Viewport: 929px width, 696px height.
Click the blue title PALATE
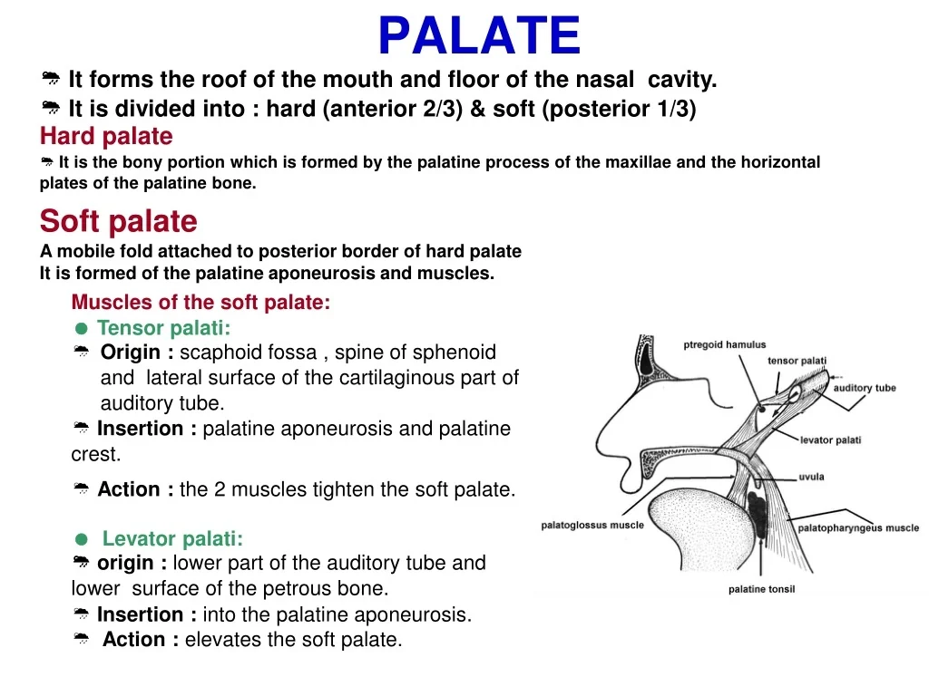pyautogui.click(x=478, y=36)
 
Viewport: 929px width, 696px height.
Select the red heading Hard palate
pyautogui.click(x=106, y=137)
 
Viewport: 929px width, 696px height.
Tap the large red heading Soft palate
pyautogui.click(x=118, y=221)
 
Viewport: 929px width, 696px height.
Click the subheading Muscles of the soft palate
pyautogui.click(x=200, y=303)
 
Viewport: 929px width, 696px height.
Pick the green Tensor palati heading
pyautogui.click(x=163, y=328)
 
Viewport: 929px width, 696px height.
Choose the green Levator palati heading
pyautogui.click(x=172, y=539)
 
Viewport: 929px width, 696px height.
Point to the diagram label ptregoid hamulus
pyautogui.click(x=724, y=344)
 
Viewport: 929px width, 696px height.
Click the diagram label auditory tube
pyautogui.click(x=864, y=388)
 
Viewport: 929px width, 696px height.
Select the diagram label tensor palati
pyautogui.click(x=797, y=361)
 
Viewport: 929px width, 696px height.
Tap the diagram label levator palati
pyautogui.click(x=830, y=440)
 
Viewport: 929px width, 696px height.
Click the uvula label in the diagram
pyautogui.click(x=811, y=477)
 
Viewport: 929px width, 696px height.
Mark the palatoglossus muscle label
pyautogui.click(x=592, y=525)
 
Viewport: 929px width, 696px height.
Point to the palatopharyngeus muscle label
pyautogui.click(x=857, y=527)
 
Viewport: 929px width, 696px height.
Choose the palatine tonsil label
pyautogui.click(x=761, y=589)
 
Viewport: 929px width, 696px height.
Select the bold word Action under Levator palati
pyautogui.click(x=140, y=640)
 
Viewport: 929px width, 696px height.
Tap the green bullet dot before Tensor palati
pyautogui.click(x=81, y=329)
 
